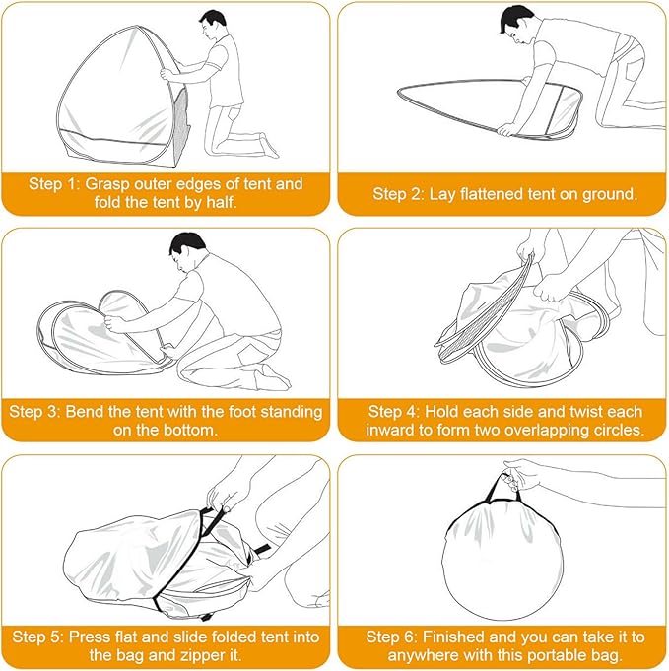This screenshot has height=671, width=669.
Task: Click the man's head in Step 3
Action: coord(187,252)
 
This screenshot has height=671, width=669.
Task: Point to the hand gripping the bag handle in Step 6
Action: coord(519,474)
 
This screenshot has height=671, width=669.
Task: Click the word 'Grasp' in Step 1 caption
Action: coord(107,184)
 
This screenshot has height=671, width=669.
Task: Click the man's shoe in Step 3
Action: coord(273,377)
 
